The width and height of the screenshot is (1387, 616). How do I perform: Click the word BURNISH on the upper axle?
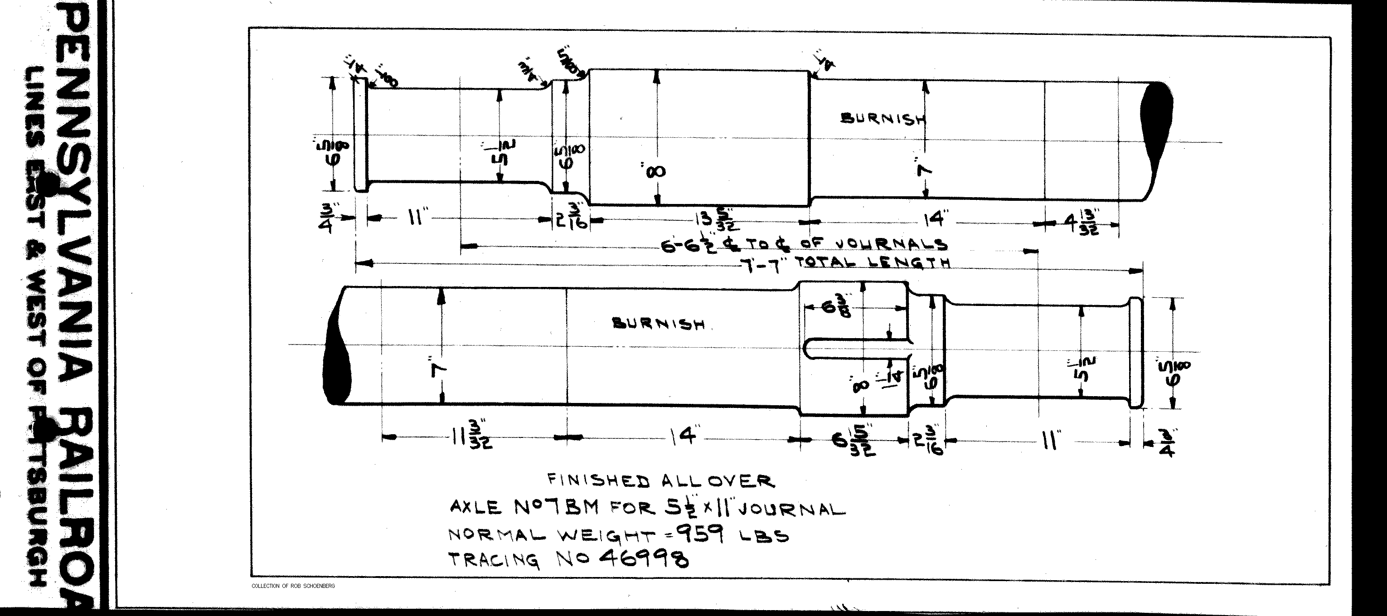883,118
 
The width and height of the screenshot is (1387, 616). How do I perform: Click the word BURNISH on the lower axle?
659,324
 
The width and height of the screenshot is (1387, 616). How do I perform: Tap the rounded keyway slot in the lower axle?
856,349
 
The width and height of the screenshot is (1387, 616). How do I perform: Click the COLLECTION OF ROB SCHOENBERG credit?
293,586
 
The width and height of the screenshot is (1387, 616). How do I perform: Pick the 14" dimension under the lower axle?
684,437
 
